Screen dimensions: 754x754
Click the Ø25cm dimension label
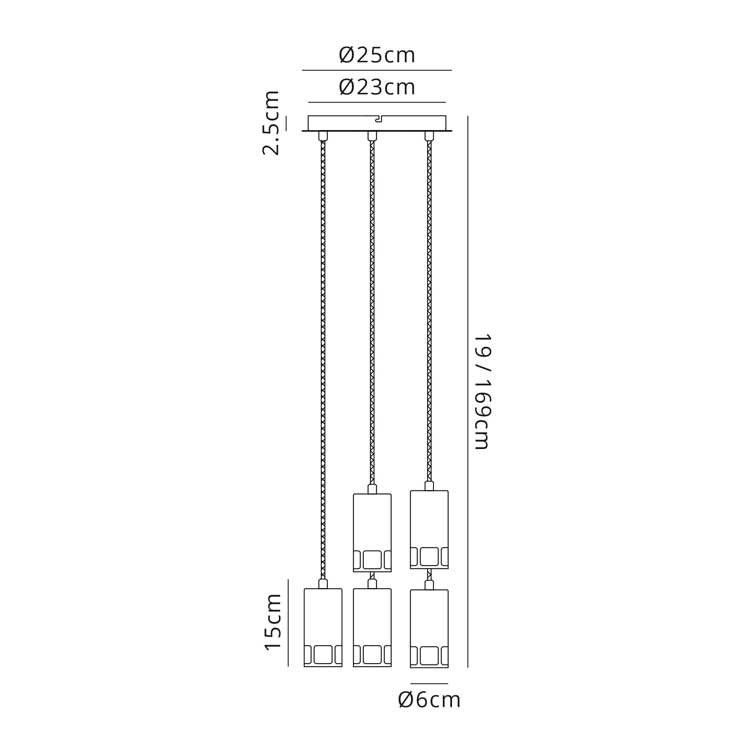pyautogui.click(x=377, y=55)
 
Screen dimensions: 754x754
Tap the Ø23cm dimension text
pyautogui.click(x=377, y=87)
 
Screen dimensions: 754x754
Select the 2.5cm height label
pyautogui.click(x=271, y=123)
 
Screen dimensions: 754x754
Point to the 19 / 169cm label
pyautogui.click(x=483, y=391)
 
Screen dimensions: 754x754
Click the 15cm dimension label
pyautogui.click(x=273, y=622)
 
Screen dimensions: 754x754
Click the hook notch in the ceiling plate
pyautogui.click(x=378, y=119)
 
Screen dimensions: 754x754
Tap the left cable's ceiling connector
pyautogui.click(x=323, y=136)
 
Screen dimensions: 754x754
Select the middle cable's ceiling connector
pyautogui.click(x=372, y=136)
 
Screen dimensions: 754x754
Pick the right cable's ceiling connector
pyautogui.click(x=429, y=136)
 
